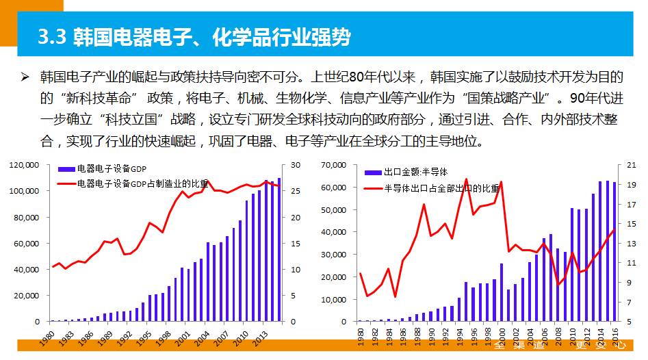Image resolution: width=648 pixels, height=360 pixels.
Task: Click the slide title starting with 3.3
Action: [194, 38]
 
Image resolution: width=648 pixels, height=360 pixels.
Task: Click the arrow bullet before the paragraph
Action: [25, 76]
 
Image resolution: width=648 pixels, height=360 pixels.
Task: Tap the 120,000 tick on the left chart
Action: [25, 165]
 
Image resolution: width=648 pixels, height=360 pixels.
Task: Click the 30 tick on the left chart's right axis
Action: [296, 165]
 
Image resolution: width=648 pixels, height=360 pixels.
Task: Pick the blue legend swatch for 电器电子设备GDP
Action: [66, 169]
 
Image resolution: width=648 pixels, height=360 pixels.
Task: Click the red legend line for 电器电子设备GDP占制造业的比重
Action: [66, 183]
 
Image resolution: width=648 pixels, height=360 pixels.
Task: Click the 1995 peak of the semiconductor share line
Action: [466, 179]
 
